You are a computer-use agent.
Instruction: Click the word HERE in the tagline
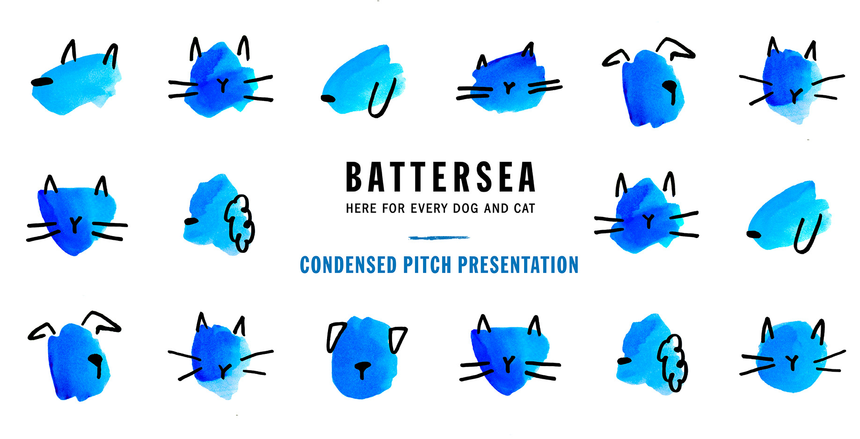(361, 209)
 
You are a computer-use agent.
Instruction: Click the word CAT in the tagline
(525, 209)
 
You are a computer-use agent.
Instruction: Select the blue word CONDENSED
(348, 265)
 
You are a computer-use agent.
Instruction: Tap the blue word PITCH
(427, 265)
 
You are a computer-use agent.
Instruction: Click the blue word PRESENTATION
(518, 265)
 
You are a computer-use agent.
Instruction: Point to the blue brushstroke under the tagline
(438, 238)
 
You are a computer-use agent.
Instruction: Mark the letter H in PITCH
(446, 265)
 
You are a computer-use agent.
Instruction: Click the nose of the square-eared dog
(361, 368)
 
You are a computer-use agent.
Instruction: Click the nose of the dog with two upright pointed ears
(42, 82)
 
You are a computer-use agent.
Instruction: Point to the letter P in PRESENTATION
(463, 265)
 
